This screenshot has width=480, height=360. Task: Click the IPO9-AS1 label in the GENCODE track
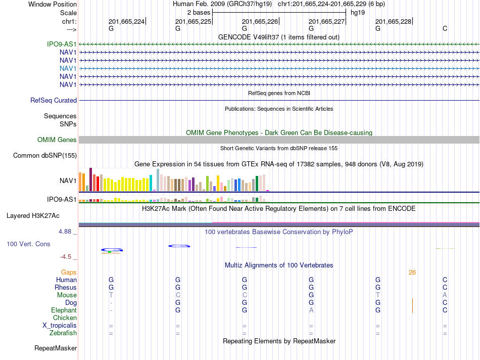[62, 44]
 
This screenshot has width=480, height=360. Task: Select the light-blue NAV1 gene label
[68, 68]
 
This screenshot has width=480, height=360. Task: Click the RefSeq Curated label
[54, 100]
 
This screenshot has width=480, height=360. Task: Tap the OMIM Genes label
[57, 140]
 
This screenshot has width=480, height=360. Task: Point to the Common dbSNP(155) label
[45, 155]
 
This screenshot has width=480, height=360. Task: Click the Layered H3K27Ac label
[33, 216]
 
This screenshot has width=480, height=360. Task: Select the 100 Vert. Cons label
[28, 244]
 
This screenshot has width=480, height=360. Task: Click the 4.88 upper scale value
[65, 231]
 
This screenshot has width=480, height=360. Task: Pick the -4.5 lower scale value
[66, 257]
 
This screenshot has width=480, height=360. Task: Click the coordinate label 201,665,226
[260, 21]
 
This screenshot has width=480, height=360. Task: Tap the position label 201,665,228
[394, 21]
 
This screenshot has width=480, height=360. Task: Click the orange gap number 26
[412, 273]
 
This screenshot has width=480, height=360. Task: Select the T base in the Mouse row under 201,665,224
[111, 295]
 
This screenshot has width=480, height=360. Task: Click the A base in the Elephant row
[311, 310]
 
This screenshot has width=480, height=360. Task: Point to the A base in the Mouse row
[445, 295]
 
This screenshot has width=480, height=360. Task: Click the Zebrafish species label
[63, 333]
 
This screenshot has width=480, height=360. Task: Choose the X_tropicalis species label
[60, 326]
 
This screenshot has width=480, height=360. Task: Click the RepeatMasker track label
[56, 348]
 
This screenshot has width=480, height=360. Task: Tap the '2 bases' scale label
[199, 13]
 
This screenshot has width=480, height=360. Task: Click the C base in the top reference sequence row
[445, 28]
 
